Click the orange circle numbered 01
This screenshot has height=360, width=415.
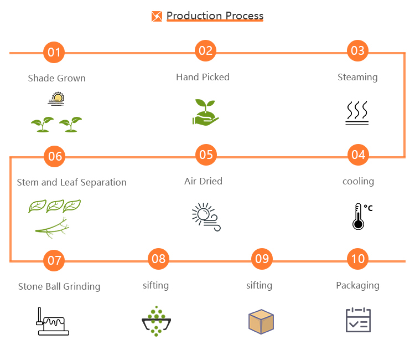coord(54,53)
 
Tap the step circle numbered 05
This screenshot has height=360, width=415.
coord(206,154)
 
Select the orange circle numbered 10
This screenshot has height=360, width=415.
coord(358,259)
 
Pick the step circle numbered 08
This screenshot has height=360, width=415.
coord(158,259)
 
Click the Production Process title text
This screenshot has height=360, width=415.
coord(215,16)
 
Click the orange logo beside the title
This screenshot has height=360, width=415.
coord(157,16)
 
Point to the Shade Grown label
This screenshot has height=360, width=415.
coord(57,78)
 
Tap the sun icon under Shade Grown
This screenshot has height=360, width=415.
coord(56,99)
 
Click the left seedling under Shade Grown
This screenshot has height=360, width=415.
coord(42,124)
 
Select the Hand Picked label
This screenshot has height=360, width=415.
coord(203,77)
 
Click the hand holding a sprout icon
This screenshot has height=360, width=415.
coord(206,112)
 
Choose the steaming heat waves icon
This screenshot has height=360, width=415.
coord(357,113)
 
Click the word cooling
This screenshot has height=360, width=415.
coord(358,181)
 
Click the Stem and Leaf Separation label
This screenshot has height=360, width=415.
coord(72,182)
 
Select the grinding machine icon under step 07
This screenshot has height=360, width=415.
coord(53,322)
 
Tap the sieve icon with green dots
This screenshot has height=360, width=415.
coord(157,321)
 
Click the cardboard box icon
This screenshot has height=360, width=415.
coord(261,322)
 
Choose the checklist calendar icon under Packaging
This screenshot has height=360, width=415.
coord(358,320)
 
